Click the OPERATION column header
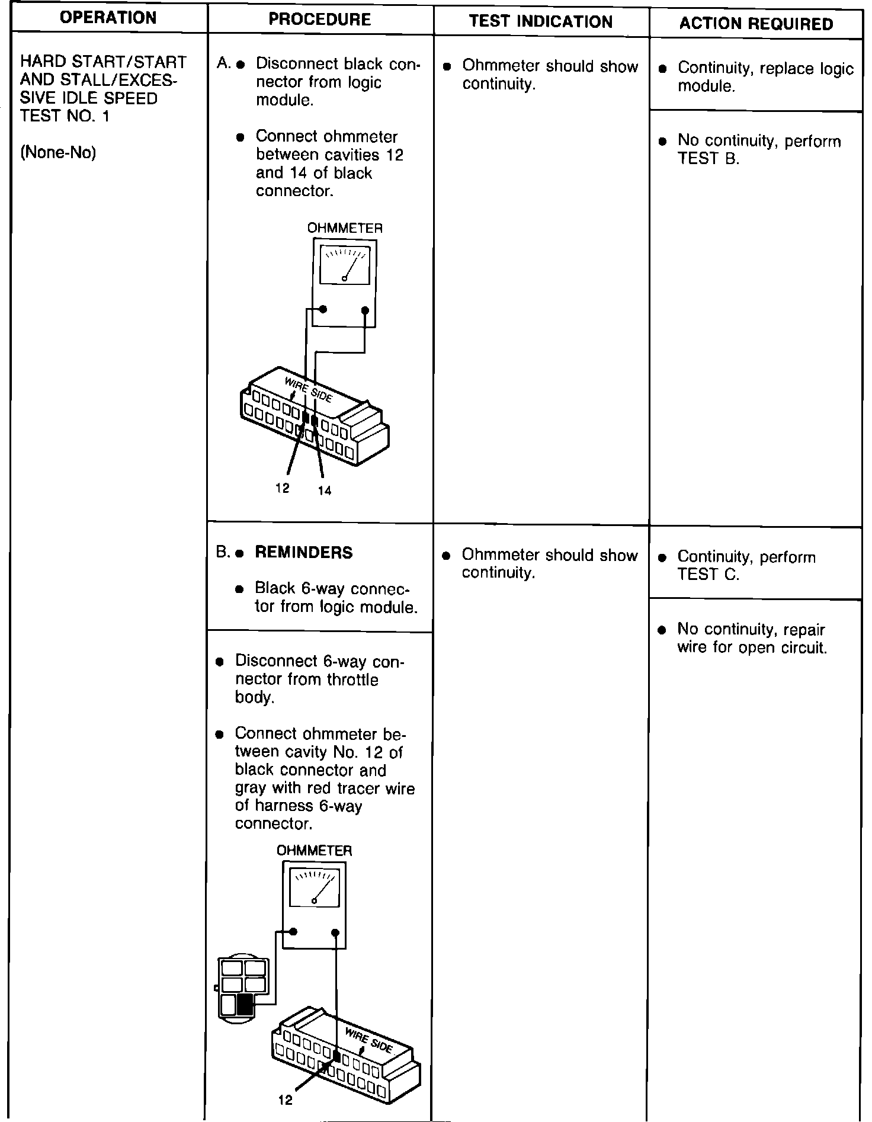[108, 18]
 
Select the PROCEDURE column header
[319, 20]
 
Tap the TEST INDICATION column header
[540, 22]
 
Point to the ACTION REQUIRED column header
[756, 24]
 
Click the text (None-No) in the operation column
[58, 153]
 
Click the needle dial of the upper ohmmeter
[344, 265]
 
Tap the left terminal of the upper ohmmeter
[323, 309]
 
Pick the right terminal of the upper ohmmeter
[365, 310]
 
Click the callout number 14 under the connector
[324, 491]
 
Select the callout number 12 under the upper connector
[283, 488]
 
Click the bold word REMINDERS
[303, 553]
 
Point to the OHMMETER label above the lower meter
[314, 851]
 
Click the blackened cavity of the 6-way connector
[245, 1004]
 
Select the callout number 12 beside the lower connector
[285, 1100]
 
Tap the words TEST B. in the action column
[708, 159]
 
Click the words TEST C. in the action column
[708, 575]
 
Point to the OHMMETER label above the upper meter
[344, 228]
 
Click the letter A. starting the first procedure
[223, 63]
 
